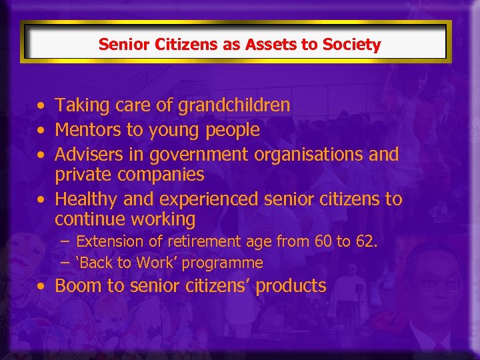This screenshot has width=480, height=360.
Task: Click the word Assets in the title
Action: pyautogui.click(x=267, y=45)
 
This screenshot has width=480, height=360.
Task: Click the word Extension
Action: pyautogui.click(x=110, y=241)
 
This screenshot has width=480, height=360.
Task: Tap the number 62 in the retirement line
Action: pyautogui.click(x=365, y=241)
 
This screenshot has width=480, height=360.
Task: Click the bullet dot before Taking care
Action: pyautogui.click(x=42, y=106)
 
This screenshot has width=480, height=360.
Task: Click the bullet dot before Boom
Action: pyautogui.click(x=42, y=287)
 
